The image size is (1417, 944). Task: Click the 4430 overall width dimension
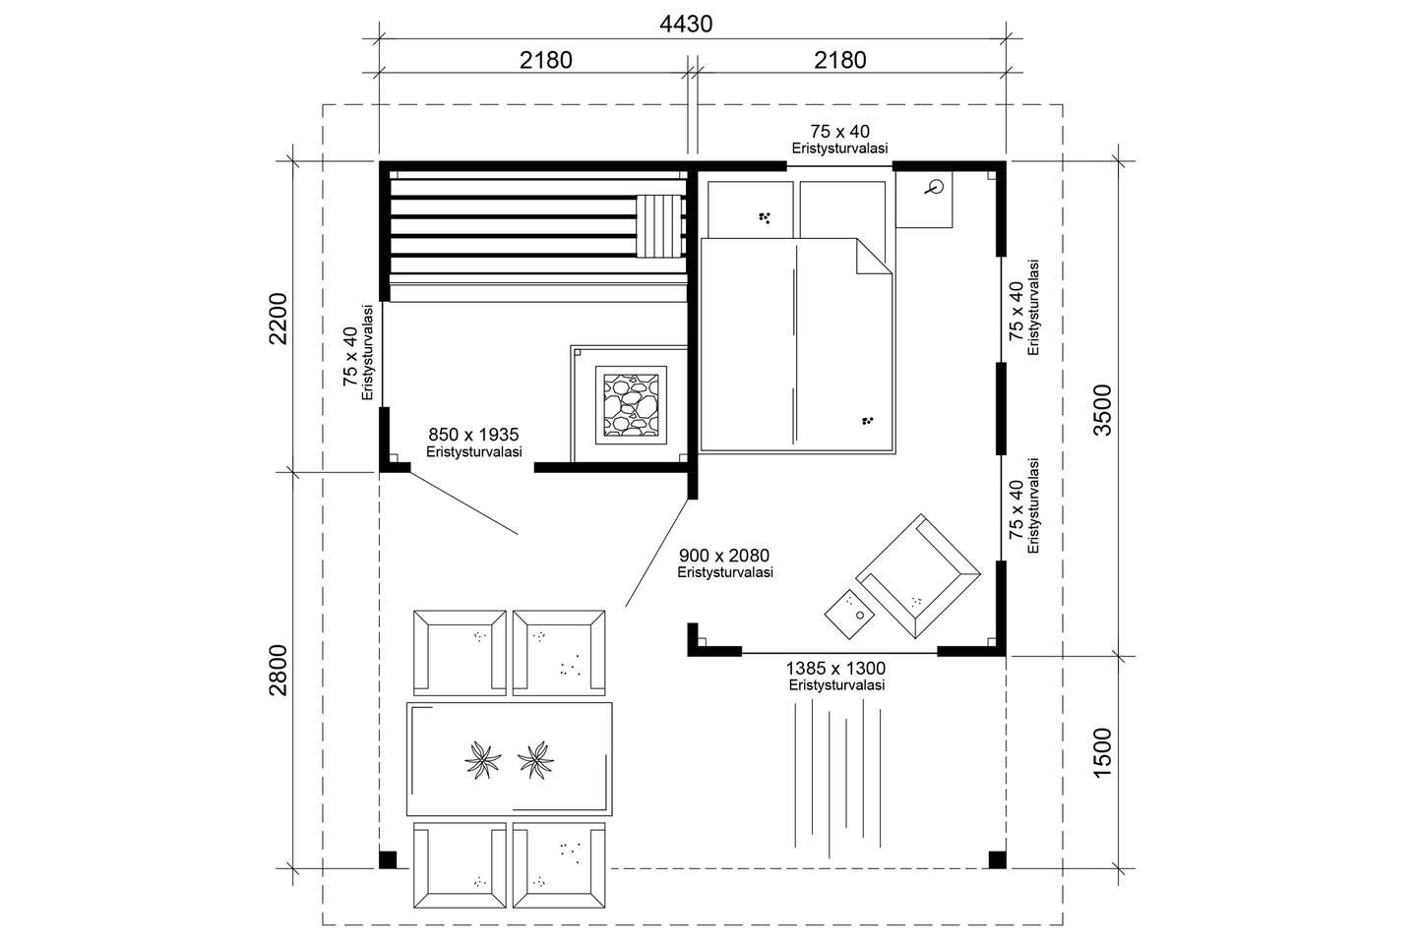(685, 24)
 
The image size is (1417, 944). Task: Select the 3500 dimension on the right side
(1102, 410)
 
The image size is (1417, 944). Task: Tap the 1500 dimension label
(1102, 753)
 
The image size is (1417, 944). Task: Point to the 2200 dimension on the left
(278, 318)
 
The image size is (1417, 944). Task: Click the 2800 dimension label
(278, 670)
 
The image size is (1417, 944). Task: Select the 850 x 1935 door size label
(473, 435)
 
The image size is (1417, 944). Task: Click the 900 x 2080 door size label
(724, 557)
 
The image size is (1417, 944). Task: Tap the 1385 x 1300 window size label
(835, 669)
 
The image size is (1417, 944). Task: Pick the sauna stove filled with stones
(631, 403)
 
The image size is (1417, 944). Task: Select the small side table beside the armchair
(848, 610)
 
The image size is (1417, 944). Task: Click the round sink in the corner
(938, 185)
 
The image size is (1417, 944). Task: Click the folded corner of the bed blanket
(872, 258)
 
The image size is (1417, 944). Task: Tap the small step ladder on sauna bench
(658, 226)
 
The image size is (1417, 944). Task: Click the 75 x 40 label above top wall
(839, 131)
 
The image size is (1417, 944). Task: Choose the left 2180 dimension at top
(545, 60)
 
